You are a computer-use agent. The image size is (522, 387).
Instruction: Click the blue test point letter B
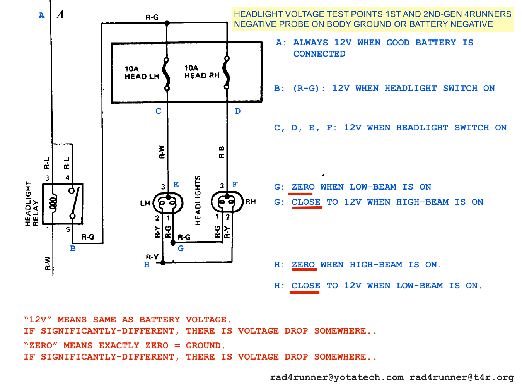73,248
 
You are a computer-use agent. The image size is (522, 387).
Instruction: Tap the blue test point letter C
158,111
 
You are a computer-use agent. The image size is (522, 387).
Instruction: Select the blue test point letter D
238,111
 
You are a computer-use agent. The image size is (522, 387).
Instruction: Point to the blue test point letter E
176,185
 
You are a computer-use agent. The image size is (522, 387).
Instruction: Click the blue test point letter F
235,185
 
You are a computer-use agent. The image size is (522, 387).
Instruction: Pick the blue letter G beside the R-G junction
181,248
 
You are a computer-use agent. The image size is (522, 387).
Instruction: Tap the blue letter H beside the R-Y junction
147,265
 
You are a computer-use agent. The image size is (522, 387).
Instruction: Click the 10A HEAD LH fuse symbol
167,74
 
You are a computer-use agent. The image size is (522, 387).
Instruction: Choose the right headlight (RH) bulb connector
227,202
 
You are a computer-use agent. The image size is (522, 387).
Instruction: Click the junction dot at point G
173,243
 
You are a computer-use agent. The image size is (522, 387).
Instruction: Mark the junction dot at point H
163,262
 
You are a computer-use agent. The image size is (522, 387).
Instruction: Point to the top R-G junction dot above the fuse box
167,23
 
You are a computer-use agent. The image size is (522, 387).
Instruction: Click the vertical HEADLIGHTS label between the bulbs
198,200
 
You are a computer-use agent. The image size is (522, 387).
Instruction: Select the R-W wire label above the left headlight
162,152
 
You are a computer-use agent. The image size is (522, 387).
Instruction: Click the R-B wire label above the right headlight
222,152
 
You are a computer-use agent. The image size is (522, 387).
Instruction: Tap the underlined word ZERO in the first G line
303,187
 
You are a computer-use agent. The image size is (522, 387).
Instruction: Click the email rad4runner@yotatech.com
336,377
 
